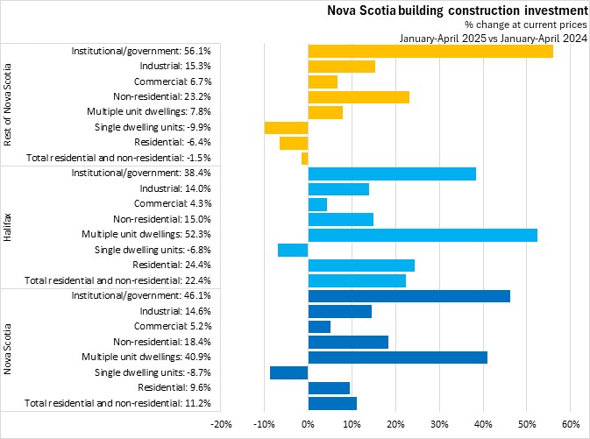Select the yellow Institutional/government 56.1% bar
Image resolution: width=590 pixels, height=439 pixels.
pyautogui.click(x=430, y=52)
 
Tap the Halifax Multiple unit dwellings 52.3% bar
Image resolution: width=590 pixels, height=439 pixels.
pyautogui.click(x=423, y=235)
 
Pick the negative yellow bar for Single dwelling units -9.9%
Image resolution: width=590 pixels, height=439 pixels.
pyautogui.click(x=287, y=128)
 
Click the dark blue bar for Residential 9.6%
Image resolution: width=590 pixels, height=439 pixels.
pyautogui.click(x=329, y=387)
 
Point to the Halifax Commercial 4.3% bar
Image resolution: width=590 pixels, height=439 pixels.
pyautogui.click(x=317, y=204)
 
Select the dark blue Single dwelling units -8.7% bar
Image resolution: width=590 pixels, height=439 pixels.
pyautogui.click(x=289, y=372)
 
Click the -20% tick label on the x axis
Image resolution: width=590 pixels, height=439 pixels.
pyautogui.click(x=221, y=424)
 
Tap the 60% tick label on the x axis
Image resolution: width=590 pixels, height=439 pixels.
pyautogui.click(x=570, y=424)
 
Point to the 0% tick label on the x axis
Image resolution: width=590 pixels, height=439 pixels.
pyautogui.click(x=309, y=424)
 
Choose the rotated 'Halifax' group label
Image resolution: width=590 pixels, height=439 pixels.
pyautogui.click(x=10, y=227)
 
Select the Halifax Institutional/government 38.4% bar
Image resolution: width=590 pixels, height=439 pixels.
pyautogui.click(x=392, y=173)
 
